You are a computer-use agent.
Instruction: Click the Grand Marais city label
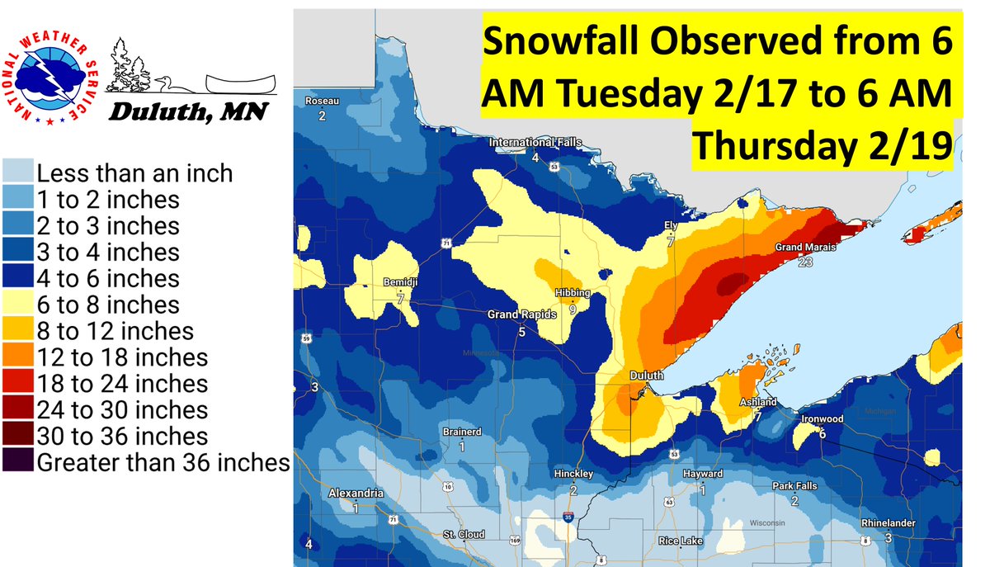coord(805,248)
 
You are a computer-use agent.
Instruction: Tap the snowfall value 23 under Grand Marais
coord(805,262)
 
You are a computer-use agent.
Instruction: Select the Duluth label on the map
coord(646,376)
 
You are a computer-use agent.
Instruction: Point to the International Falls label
coord(535,143)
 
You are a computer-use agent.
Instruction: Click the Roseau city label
coord(322,102)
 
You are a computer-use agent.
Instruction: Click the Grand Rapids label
coord(521,314)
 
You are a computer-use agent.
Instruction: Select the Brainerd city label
coord(461,432)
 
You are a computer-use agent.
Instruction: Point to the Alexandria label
coord(356,494)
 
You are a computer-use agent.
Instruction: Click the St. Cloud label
coord(463,535)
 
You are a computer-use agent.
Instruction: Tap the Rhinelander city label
coord(888,523)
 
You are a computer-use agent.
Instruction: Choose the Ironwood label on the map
coord(823,419)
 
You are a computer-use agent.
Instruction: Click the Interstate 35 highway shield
coord(568,517)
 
